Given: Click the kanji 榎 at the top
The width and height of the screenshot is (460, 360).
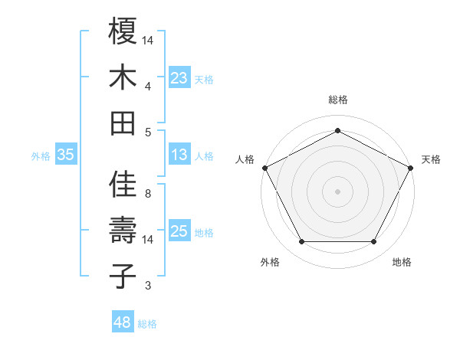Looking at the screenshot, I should tap(123, 31).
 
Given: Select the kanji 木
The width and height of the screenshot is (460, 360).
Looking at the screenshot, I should tap(123, 77).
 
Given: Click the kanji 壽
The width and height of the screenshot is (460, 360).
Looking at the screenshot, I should tap(123, 231).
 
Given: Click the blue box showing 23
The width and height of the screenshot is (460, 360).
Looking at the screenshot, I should tap(179, 77).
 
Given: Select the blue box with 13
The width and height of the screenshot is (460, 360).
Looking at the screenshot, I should tap(179, 155).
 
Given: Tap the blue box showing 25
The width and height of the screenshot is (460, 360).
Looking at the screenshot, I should tap(179, 231).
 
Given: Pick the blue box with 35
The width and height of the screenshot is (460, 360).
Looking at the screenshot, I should tap(66, 155).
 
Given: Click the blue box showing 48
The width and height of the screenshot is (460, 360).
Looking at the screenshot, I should tap(123, 322).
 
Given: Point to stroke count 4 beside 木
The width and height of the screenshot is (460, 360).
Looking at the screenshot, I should tap(148, 87).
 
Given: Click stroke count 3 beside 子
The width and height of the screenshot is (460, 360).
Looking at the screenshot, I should tap(148, 286).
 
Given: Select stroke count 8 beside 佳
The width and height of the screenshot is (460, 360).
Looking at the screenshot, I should tap(148, 194).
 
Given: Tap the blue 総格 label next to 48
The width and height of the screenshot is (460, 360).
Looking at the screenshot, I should tap(147, 324).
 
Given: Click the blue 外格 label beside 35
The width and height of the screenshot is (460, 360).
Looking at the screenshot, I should tap(41, 155).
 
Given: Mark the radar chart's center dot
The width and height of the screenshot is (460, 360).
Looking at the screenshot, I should tap(337, 191).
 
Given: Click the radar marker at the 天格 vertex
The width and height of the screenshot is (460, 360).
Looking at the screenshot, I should tap(411, 167).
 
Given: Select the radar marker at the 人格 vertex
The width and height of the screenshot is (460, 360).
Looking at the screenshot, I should tap(264, 167).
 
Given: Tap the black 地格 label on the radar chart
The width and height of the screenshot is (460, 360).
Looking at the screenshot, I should tap(401, 263).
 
